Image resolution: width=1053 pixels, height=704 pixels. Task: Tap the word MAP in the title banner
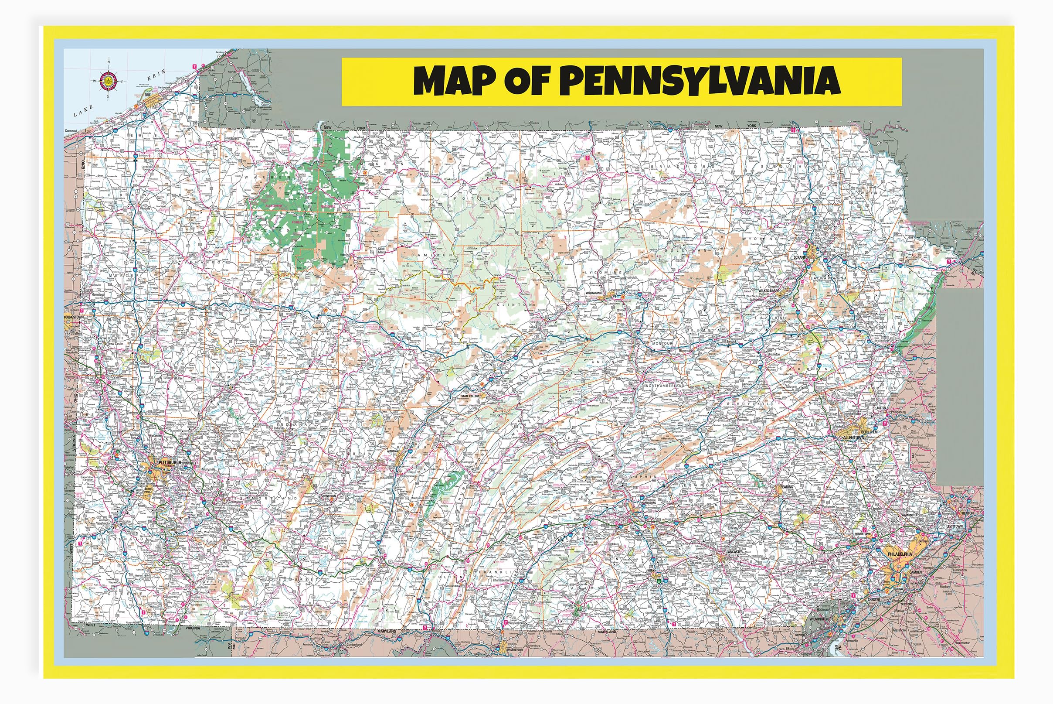click(x=454, y=81)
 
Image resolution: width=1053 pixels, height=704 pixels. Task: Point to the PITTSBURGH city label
click(x=170, y=462)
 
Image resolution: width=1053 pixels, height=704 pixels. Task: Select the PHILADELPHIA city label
click(x=900, y=554)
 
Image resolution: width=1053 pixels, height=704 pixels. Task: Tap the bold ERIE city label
click(x=148, y=95)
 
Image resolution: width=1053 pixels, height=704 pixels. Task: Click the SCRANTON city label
click(x=802, y=258)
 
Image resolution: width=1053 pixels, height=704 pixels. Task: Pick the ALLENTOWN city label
click(x=853, y=437)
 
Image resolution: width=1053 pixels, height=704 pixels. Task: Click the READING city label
click(x=787, y=487)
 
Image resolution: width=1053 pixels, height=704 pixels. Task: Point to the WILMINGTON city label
click(x=819, y=619)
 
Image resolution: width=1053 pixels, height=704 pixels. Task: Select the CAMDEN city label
click(x=915, y=572)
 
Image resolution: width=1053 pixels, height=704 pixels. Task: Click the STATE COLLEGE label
click(x=471, y=396)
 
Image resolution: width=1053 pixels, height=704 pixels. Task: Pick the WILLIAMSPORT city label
click(x=595, y=293)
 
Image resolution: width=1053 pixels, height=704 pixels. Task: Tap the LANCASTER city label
click(x=734, y=551)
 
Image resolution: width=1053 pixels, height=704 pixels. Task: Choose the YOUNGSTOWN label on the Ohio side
click(x=74, y=318)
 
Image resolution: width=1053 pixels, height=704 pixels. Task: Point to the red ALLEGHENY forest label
click(x=275, y=205)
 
